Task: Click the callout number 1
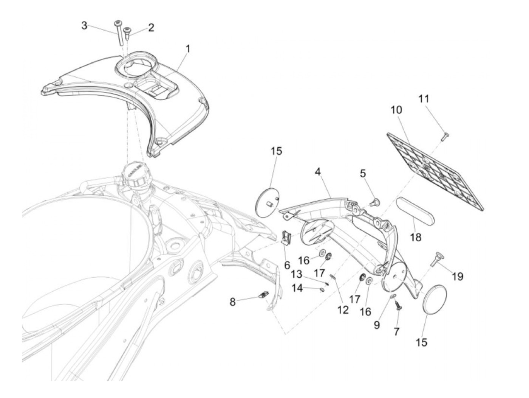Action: [187, 49]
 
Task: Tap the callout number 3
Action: [84, 26]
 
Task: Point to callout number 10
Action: [396, 110]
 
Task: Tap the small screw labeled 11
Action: [444, 135]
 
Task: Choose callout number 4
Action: [318, 172]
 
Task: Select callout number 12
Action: [343, 310]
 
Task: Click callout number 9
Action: [377, 325]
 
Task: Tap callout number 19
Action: [457, 277]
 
